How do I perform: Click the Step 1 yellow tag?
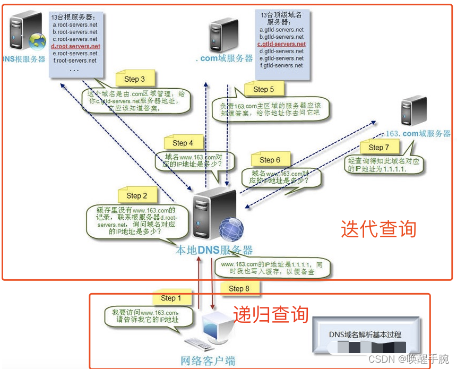pyautogui.click(x=171, y=298)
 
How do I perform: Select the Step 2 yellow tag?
pyautogui.click(x=136, y=195)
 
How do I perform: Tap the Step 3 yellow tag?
pyautogui.click(x=134, y=79)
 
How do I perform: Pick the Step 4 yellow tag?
pyautogui.click(x=183, y=143)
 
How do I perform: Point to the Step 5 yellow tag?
pyautogui.click(x=263, y=89)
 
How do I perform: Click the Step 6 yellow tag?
pyautogui.click(x=270, y=159)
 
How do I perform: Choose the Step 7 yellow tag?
pyautogui.click(x=378, y=147)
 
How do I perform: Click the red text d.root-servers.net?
pyautogui.click(x=75, y=47)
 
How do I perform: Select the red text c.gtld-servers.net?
pyautogui.click(x=281, y=44)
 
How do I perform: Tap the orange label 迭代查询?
pyautogui.click(x=378, y=229)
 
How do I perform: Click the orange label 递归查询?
pyautogui.click(x=271, y=314)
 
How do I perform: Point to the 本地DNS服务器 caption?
pyautogui.click(x=214, y=250)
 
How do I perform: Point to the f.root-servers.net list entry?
pyautogui.click(x=74, y=61)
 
